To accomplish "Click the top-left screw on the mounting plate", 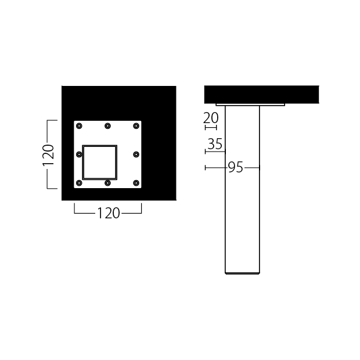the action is [x=79, y=126].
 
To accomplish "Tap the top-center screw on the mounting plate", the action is [x=107, y=126].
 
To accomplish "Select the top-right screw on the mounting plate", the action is [x=136, y=126].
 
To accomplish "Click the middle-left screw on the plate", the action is [x=79, y=154].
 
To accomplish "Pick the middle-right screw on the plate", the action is [x=136, y=154].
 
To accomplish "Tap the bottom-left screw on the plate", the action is [x=79, y=183].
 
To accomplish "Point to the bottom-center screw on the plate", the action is [x=107, y=183].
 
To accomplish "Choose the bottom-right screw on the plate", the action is [x=136, y=183].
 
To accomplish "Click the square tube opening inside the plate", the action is [x=100, y=146].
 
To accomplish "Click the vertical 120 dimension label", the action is [x=48, y=154].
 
